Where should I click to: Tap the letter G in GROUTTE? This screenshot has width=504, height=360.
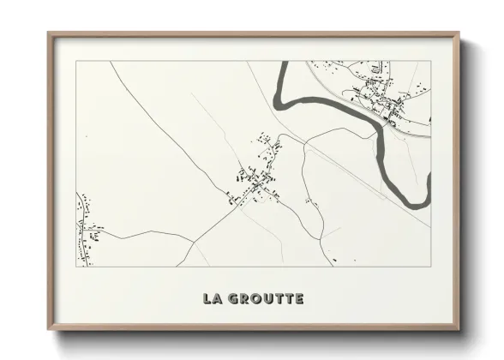(235, 299)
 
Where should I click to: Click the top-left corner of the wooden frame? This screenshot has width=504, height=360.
(48, 33)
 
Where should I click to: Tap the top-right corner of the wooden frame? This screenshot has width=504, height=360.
(459, 33)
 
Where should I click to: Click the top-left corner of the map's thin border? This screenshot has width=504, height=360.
(77, 61)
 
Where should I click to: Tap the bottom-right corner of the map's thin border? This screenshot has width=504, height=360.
(430, 267)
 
